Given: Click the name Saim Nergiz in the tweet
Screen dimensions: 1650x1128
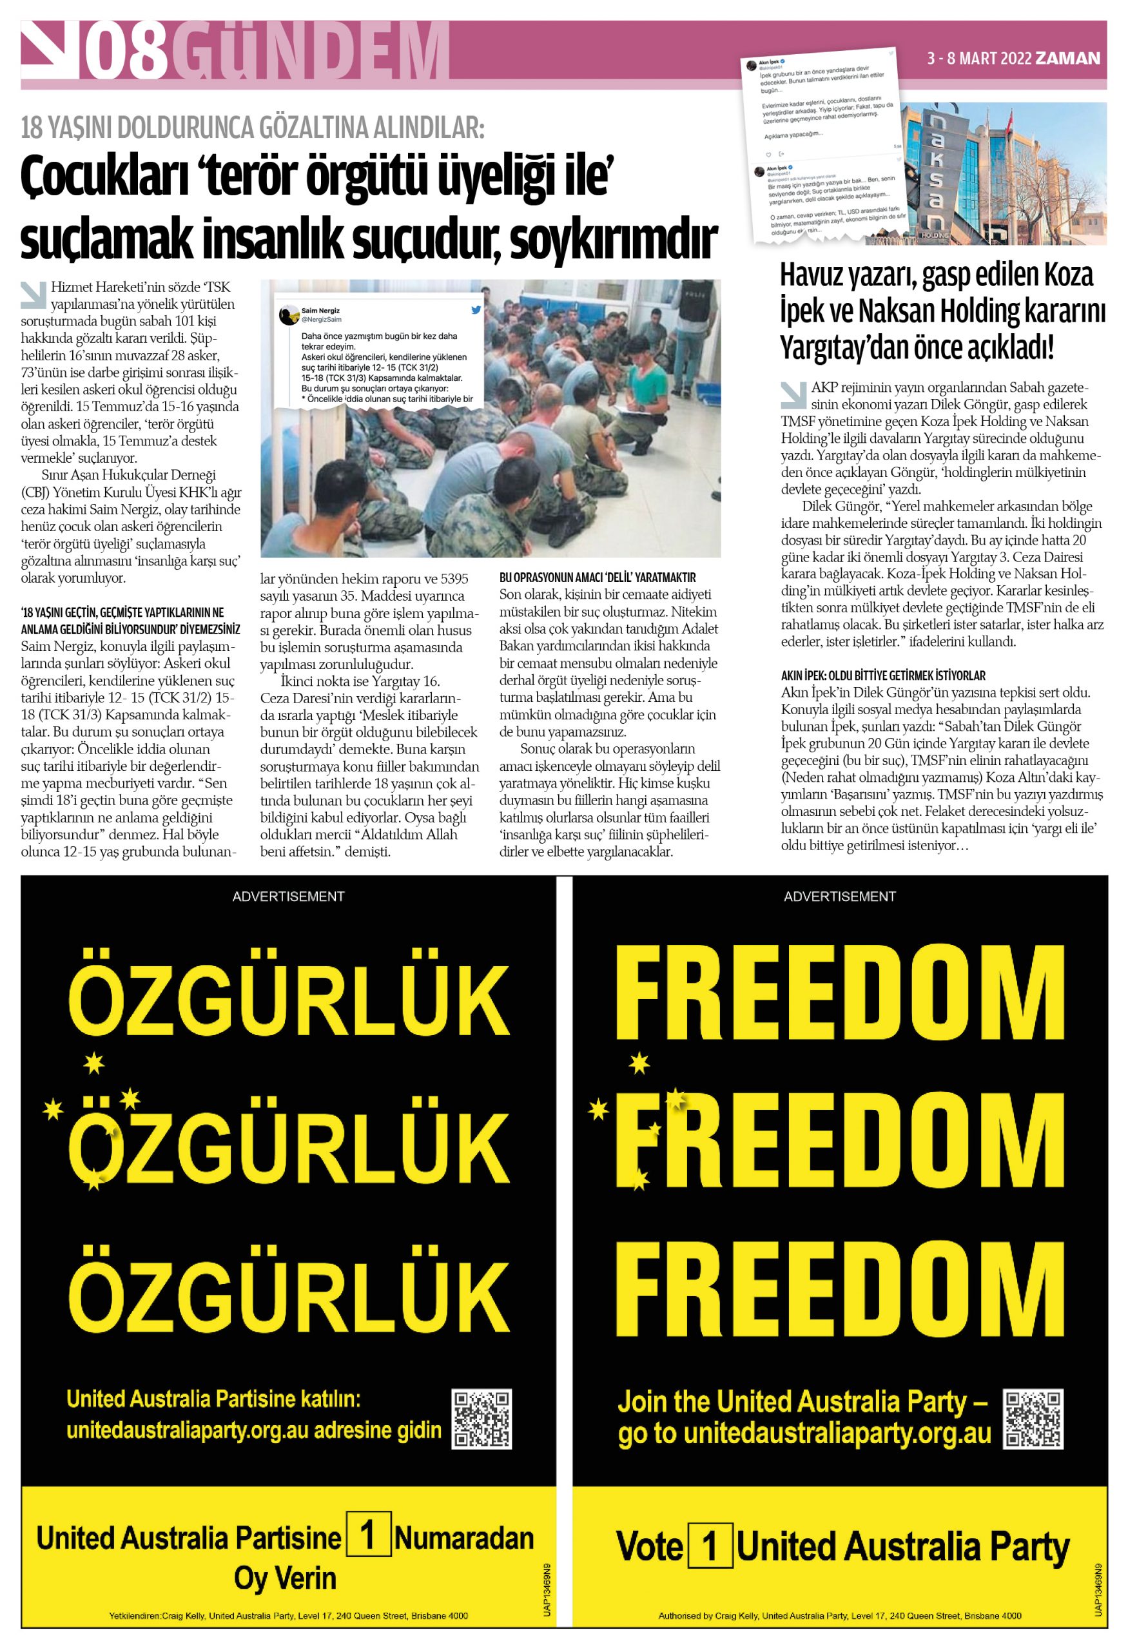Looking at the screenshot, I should click(320, 310).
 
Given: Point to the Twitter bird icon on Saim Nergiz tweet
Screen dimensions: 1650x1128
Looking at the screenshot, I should click(476, 310).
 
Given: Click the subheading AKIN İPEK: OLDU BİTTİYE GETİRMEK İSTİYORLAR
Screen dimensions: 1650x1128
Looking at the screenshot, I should click(883, 676).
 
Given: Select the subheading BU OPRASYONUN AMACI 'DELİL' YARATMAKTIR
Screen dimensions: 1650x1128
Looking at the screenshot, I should click(597, 577).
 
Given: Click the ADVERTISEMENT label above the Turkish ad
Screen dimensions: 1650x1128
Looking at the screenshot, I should click(288, 897).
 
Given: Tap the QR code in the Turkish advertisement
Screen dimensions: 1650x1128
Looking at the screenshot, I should click(482, 1419).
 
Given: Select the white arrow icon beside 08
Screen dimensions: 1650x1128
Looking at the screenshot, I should click(49, 49).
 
